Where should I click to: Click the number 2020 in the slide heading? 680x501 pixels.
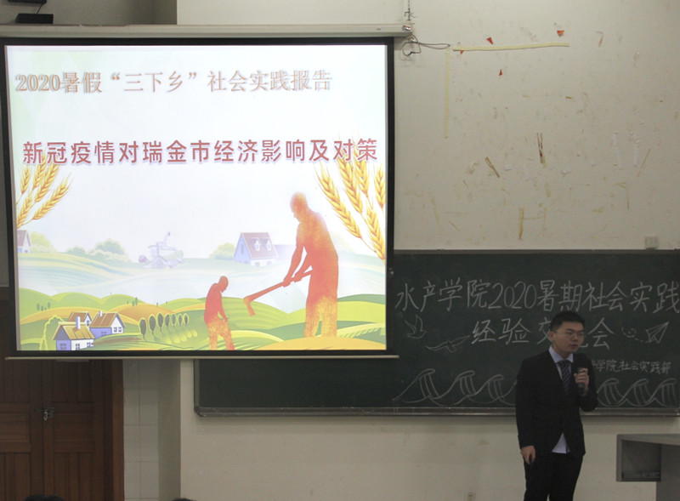[x=36, y=83]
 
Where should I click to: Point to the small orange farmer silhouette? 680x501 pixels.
[x=218, y=312]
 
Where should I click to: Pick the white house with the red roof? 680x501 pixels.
[x=255, y=248]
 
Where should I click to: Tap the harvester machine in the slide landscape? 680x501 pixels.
[x=162, y=253]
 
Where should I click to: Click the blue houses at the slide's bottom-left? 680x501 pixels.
[x=88, y=329]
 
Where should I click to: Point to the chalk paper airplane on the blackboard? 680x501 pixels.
[x=655, y=332]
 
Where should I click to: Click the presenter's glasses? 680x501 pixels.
[x=569, y=333]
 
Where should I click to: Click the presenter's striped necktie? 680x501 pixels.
[x=565, y=375]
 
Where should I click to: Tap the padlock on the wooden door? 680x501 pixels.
[x=45, y=414]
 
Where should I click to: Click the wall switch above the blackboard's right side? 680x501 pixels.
[x=651, y=242]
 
